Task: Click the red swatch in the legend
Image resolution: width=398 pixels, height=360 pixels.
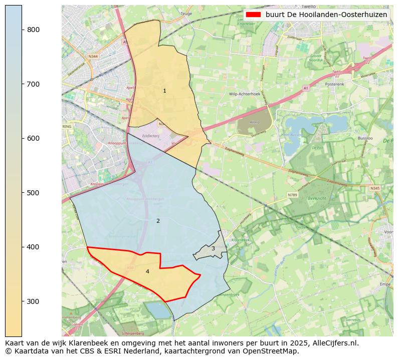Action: [254, 15]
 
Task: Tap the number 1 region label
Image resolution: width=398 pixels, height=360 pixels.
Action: [164, 91]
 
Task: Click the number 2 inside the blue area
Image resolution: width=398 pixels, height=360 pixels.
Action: [158, 221]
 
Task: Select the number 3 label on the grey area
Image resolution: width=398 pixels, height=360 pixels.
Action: [213, 248]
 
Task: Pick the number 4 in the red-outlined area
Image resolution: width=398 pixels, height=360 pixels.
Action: [147, 271]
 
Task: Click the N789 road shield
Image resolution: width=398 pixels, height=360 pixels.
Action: [293, 195]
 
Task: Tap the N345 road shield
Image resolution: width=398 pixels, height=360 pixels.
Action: [375, 188]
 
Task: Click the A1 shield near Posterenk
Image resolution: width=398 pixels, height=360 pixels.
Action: [305, 88]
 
